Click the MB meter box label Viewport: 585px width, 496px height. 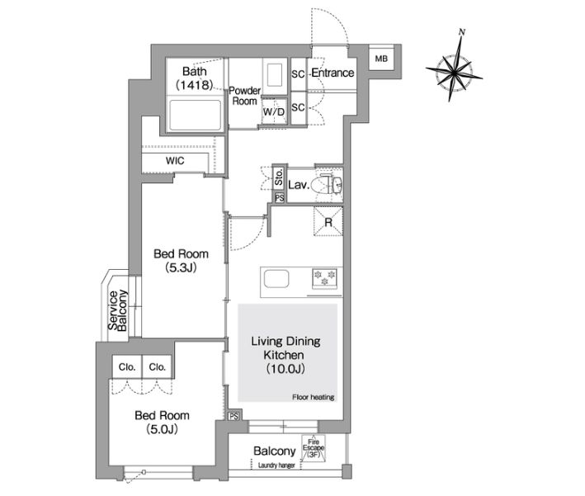(x=381, y=59)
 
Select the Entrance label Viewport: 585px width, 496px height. (x=333, y=73)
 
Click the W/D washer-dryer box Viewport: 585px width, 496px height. (x=274, y=111)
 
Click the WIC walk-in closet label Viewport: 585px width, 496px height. (x=175, y=161)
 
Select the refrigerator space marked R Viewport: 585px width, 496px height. (x=328, y=222)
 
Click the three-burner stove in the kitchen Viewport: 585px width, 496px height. (x=324, y=278)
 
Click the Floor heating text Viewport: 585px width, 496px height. (x=313, y=398)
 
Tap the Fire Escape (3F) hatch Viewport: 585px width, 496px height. (x=314, y=448)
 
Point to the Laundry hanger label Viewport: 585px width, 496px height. (x=276, y=465)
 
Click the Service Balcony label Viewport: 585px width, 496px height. (x=117, y=310)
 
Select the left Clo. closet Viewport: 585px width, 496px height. (x=127, y=366)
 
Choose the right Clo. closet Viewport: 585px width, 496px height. (x=157, y=366)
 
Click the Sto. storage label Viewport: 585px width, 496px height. (x=279, y=177)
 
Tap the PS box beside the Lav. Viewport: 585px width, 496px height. (x=280, y=198)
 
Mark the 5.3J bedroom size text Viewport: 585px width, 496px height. (x=181, y=267)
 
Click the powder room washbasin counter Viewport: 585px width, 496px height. (x=275, y=77)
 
